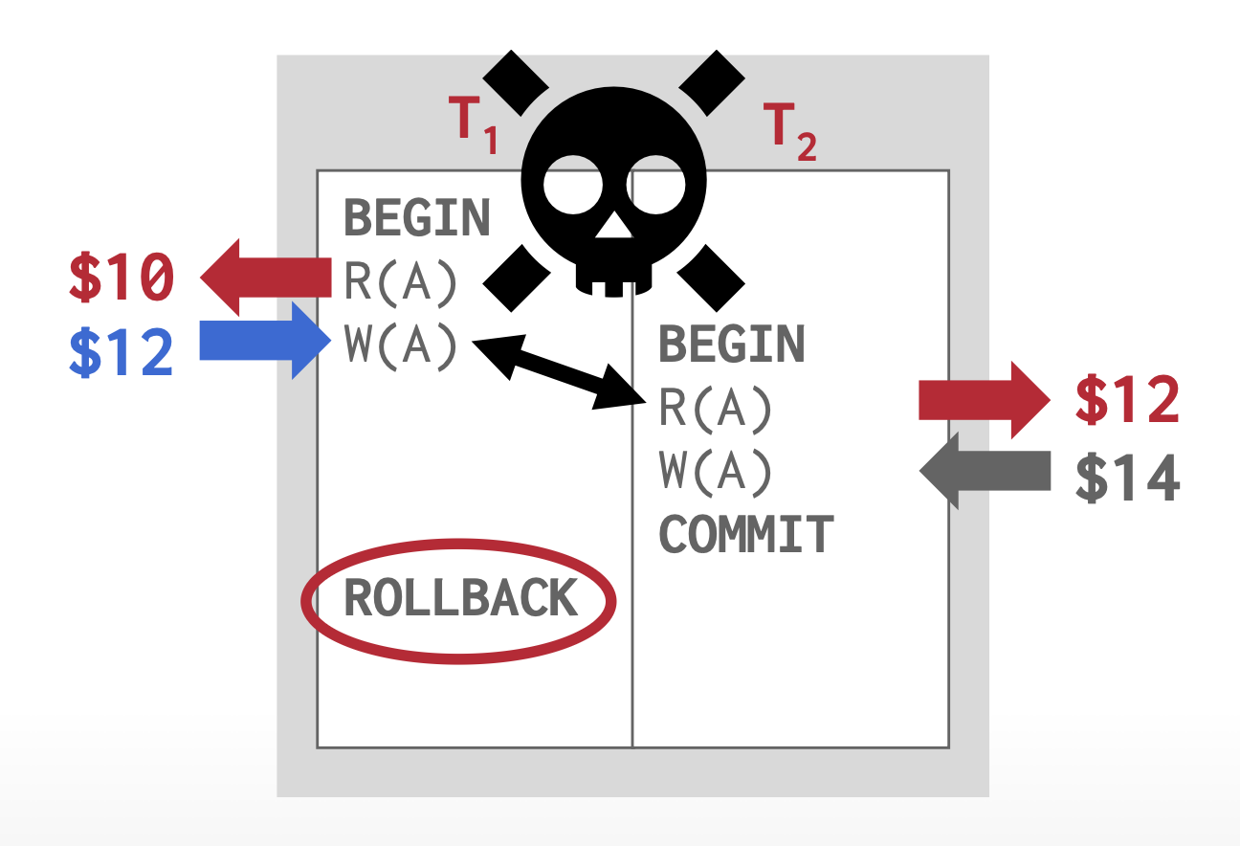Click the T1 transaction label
click(x=474, y=124)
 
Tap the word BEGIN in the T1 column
click(x=417, y=218)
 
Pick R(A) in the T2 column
click(x=716, y=409)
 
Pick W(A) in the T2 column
click(x=716, y=471)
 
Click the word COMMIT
click(x=746, y=534)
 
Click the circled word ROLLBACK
click(x=460, y=599)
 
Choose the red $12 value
click(x=1128, y=399)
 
